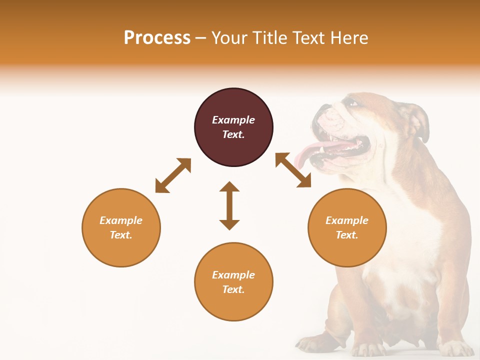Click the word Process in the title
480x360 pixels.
coord(157,38)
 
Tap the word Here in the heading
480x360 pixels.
coord(350,38)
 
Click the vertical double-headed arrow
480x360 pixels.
coord(229,205)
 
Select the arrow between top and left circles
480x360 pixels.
coord(173,175)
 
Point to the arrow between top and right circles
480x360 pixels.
coord(293,170)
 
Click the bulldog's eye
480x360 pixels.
coord(353,103)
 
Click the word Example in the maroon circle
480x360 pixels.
coord(233,120)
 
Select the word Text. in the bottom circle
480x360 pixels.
coord(233,289)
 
